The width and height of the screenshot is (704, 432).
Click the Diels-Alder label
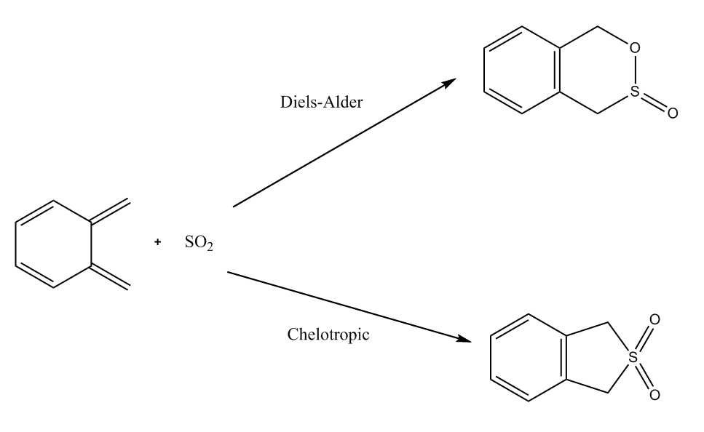[x=321, y=103]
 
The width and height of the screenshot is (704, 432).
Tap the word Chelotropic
[x=328, y=335]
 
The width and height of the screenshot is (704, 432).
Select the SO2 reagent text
[x=199, y=243]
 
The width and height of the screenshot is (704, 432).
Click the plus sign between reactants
[x=157, y=242]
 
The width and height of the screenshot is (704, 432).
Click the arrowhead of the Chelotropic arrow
[x=464, y=339]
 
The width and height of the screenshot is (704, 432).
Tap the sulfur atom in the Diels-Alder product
[x=634, y=91]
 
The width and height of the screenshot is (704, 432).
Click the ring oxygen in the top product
[x=634, y=47]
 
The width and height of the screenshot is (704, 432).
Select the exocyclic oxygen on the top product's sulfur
[x=672, y=113]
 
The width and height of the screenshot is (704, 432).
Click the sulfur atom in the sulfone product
[x=633, y=358]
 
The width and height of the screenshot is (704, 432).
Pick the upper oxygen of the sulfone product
[x=654, y=319]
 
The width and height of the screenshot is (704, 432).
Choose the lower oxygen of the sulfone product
[x=654, y=395]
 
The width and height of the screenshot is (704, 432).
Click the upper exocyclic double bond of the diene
[x=110, y=211]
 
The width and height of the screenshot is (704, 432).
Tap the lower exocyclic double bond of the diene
[x=110, y=276]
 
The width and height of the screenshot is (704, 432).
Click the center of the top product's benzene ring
[x=522, y=70]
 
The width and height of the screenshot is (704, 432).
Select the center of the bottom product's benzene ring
[x=529, y=358]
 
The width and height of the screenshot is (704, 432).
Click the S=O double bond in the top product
[x=653, y=103]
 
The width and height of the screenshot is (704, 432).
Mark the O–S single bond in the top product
[x=634, y=70]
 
